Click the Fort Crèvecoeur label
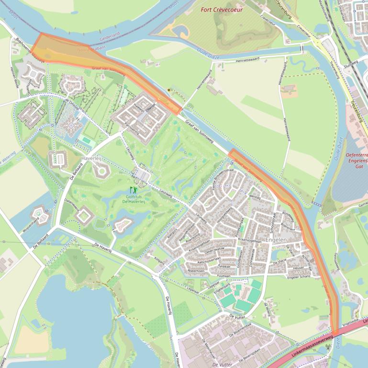tap(222, 10)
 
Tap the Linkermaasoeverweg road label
tap(312, 345)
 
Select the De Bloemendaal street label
tap(240, 330)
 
